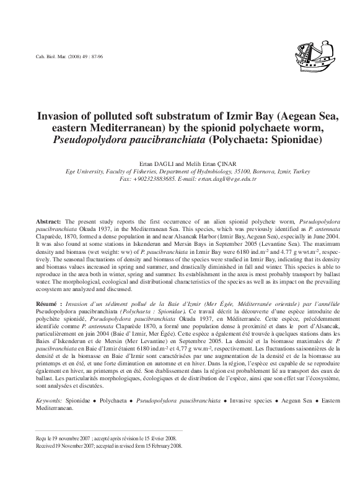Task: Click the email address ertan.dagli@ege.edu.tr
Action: [220, 178]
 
